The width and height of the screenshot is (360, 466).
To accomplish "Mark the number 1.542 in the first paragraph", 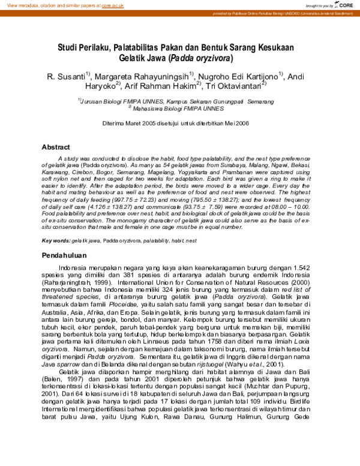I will [x=304, y=268].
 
